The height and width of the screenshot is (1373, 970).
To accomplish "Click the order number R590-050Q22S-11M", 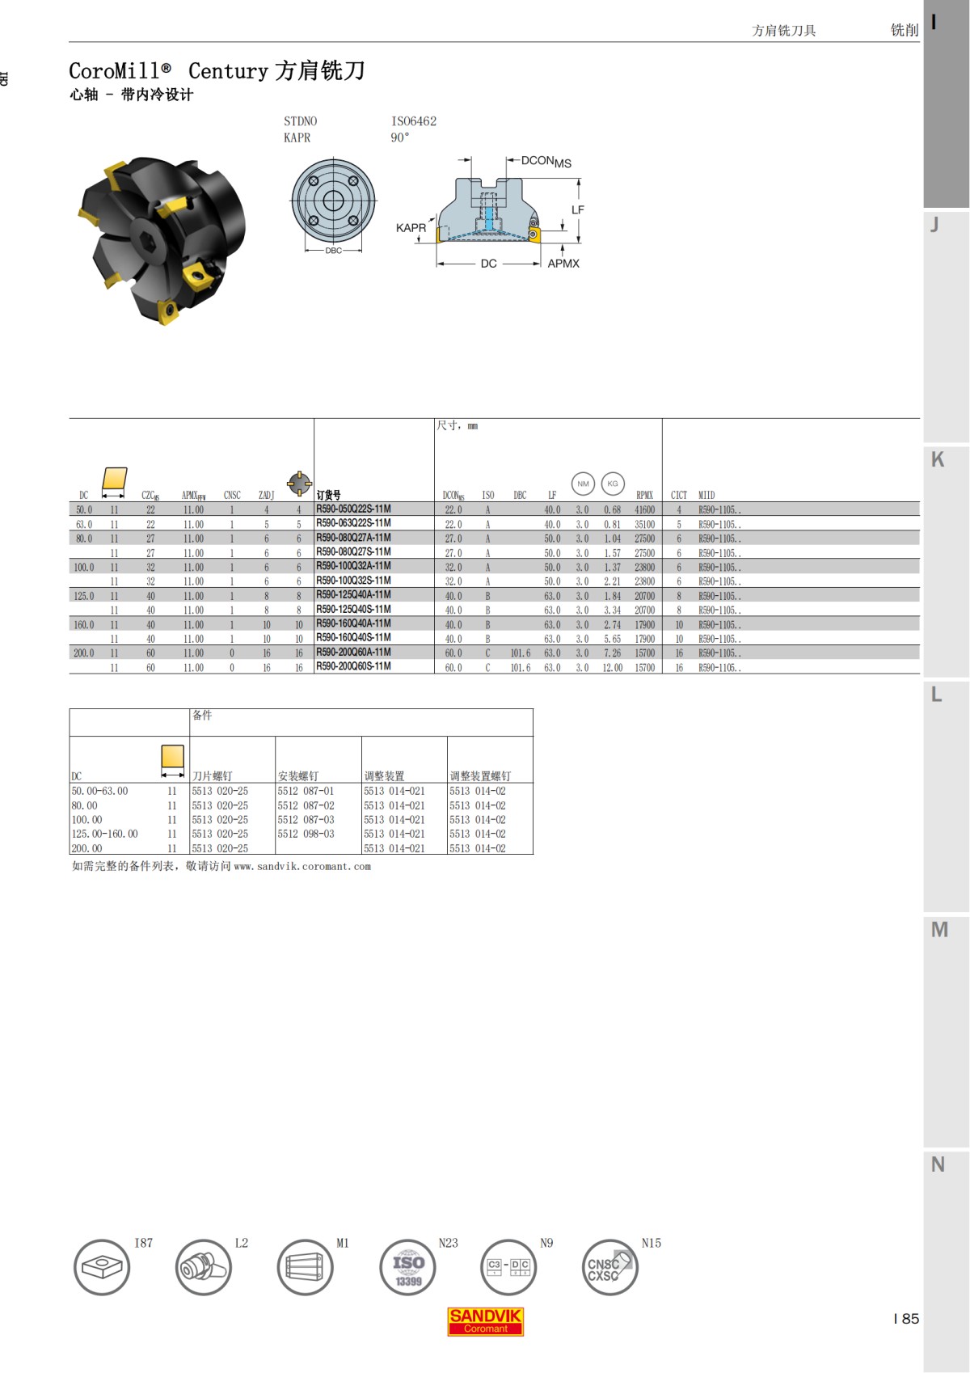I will point(353,509).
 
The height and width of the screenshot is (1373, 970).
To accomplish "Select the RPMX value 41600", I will point(644,510).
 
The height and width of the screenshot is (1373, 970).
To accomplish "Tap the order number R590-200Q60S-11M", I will point(353,667).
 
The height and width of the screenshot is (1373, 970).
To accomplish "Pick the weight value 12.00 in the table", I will point(612,668).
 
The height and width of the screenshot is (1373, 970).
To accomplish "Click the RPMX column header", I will point(644,495).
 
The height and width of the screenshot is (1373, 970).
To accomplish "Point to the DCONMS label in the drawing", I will point(546,162).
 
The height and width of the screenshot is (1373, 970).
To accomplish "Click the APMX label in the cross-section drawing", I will point(563,264).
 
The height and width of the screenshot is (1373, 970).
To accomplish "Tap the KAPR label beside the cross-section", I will point(411,228).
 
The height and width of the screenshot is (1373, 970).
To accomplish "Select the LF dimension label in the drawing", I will point(577,210).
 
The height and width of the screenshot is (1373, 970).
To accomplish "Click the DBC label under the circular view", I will point(333,251).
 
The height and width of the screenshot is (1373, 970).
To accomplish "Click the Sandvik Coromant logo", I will point(485,1321).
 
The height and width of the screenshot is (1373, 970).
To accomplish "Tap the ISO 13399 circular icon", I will point(407,1267).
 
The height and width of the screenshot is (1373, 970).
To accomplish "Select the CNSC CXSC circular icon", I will point(609,1267).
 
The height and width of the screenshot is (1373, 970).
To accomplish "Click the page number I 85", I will point(906,1319).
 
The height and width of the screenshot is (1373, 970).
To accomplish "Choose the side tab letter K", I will point(938,459).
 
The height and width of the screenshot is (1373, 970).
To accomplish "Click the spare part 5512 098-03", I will point(306,834).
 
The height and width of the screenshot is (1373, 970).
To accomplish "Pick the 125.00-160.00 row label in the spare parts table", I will point(104,834).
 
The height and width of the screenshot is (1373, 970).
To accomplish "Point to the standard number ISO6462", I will point(414,121).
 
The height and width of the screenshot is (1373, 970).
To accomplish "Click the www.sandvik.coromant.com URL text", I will point(302,866).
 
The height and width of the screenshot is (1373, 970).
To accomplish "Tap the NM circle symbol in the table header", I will point(583,484).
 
